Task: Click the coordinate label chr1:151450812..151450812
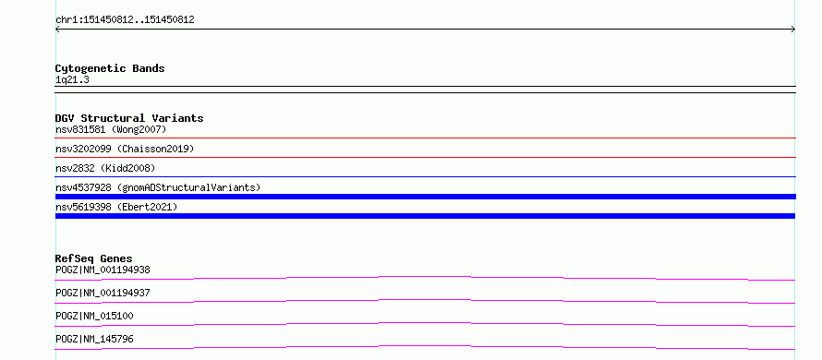click(125, 20)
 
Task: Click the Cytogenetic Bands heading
click(110, 68)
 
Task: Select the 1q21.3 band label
click(72, 79)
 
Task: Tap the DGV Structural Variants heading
click(129, 118)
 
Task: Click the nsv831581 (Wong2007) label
click(111, 129)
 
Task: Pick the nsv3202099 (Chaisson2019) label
click(125, 149)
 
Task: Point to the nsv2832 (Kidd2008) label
click(105, 168)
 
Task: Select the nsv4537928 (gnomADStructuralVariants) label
click(158, 187)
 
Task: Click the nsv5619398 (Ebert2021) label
click(116, 207)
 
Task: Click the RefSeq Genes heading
click(94, 258)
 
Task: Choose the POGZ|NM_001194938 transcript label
click(103, 270)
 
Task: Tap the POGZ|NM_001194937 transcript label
click(103, 293)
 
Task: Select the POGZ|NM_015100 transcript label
click(94, 316)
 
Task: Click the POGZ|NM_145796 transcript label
click(94, 339)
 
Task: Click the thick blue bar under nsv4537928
click(426, 197)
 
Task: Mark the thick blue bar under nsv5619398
click(425, 216)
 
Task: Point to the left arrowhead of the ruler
click(56, 30)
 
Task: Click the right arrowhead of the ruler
click(794, 30)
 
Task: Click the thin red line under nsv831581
click(426, 138)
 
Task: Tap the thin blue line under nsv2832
click(426, 176)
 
